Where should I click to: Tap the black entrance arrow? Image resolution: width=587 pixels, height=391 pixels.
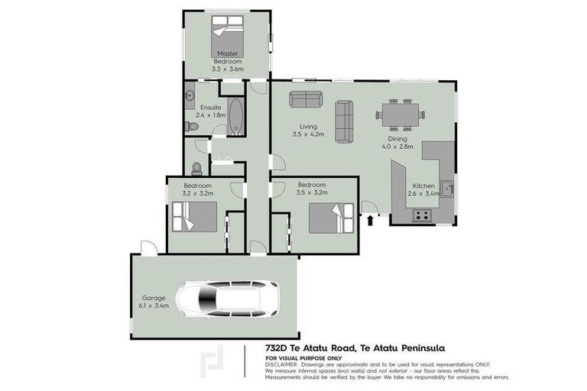(371, 221)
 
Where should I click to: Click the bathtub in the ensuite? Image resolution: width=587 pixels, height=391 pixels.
(236, 117)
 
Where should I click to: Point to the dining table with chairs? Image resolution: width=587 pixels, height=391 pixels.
(400, 115)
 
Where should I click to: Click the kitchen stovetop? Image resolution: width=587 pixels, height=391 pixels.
(421, 216)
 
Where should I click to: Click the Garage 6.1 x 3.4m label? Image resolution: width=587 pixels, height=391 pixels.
(154, 302)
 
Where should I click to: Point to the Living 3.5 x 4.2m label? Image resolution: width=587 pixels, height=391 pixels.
(308, 131)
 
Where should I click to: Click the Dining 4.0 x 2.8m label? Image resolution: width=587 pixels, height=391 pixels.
(397, 143)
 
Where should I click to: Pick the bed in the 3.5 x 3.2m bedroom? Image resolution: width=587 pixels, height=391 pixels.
(332, 218)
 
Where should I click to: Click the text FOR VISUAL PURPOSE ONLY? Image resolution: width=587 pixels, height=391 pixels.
(303, 357)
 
